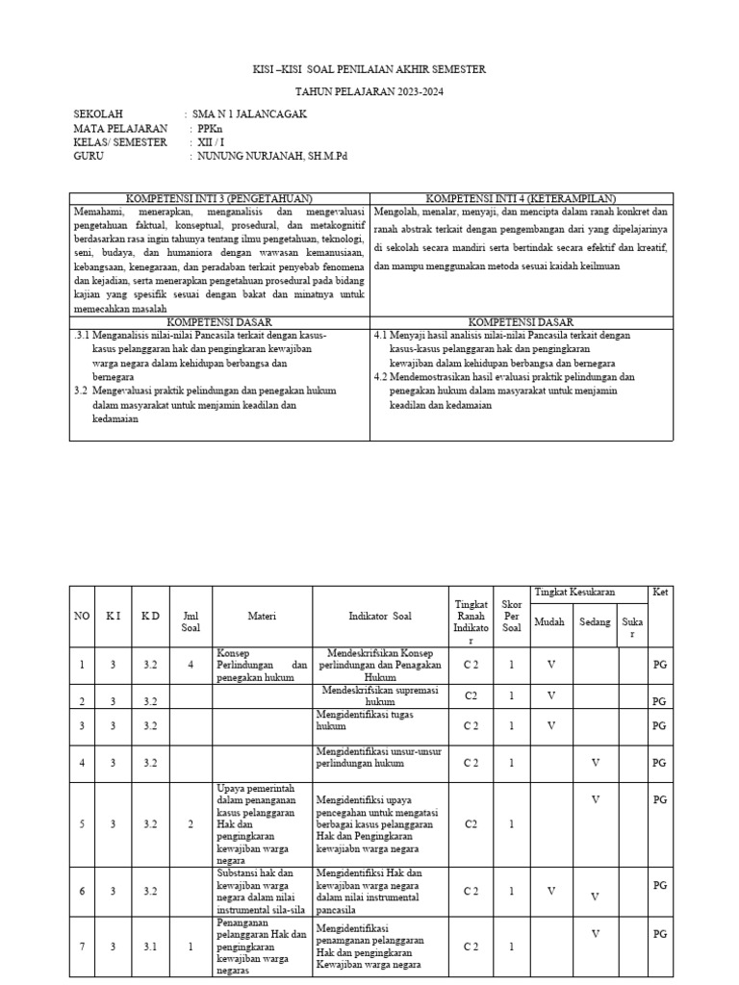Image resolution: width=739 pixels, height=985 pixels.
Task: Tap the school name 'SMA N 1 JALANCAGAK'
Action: pos(249,114)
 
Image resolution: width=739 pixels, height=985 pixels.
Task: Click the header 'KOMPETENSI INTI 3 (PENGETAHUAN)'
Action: pos(219,197)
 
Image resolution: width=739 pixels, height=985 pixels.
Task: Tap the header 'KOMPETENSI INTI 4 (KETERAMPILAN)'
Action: pos(521,197)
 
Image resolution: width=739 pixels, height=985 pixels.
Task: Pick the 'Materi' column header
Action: pos(262,617)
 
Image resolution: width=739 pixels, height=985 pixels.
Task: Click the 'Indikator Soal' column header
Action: pos(380,617)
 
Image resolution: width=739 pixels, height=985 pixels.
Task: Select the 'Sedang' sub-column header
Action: pos(595,622)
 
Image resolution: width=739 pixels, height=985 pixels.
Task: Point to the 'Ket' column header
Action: pos(659,593)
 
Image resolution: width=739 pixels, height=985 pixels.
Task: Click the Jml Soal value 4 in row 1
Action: pos(191,665)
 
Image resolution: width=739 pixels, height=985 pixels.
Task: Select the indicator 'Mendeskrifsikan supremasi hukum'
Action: pos(380,696)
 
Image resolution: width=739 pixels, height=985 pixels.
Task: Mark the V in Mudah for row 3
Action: pos(550,724)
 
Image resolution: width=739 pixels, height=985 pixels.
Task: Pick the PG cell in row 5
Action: pos(659,799)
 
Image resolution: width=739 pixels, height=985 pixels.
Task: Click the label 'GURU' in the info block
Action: pos(88,155)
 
